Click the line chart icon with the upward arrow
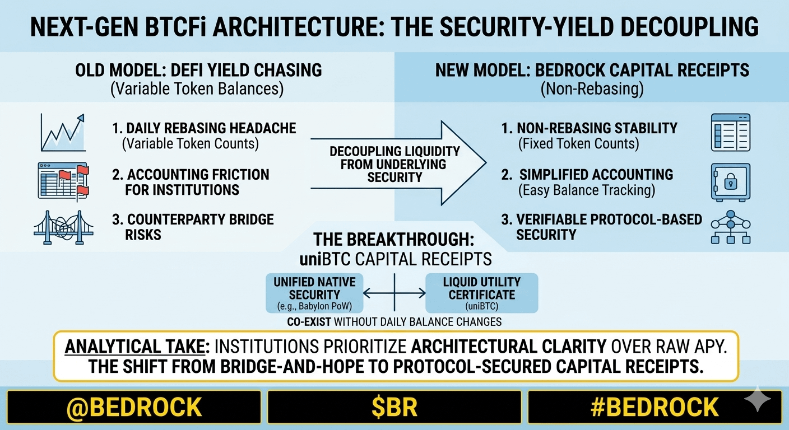click(x=63, y=133)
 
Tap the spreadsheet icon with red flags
click(x=63, y=181)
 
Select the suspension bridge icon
click(x=63, y=228)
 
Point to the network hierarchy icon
click(x=731, y=227)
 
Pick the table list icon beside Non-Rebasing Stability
click(x=731, y=133)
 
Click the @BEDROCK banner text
click(x=134, y=407)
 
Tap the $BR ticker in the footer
click(x=394, y=407)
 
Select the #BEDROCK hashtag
click(x=655, y=407)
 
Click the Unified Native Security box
click(x=314, y=293)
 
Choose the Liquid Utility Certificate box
click(x=481, y=293)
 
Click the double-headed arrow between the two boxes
click(x=394, y=293)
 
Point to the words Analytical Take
click(x=135, y=347)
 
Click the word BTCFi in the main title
click(x=175, y=27)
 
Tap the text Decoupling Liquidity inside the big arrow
click(x=395, y=152)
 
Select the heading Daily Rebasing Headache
click(x=204, y=128)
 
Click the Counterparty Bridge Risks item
click(x=193, y=227)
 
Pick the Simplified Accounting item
click(x=587, y=175)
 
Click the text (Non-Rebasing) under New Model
click(x=592, y=88)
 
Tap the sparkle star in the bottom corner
click(x=758, y=399)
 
